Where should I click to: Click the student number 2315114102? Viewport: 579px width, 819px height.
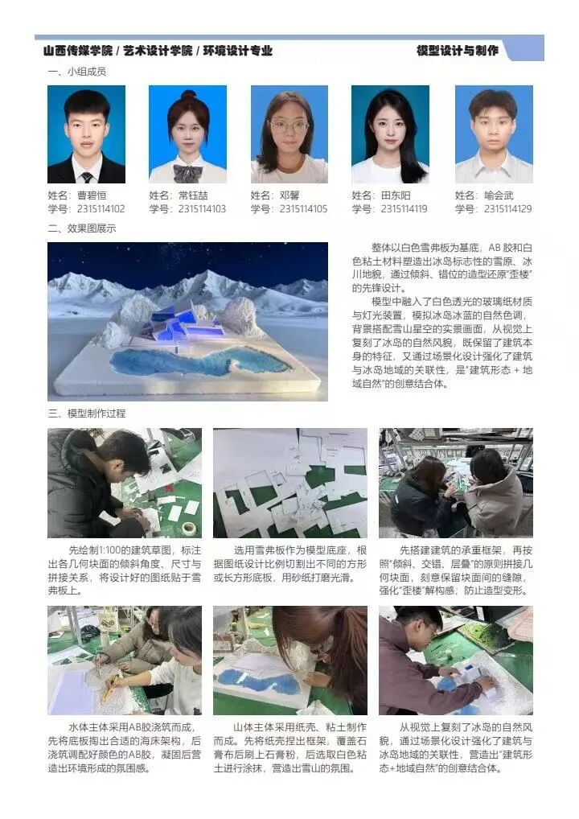[101, 209]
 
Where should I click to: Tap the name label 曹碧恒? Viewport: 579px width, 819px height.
[92, 195]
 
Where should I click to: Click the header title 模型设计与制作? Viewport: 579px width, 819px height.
[458, 51]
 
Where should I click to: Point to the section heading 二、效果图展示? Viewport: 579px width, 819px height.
[82, 228]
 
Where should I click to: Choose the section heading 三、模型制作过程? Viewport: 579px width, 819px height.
[87, 414]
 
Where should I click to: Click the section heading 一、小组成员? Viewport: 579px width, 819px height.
[77, 72]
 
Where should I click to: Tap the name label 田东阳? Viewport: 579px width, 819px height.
[395, 195]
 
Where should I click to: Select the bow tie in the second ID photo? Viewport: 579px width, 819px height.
[187, 172]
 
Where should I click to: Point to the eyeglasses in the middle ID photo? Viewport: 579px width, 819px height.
[289, 126]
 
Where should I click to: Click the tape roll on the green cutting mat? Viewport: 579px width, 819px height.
[191, 528]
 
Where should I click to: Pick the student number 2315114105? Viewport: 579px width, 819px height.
[303, 209]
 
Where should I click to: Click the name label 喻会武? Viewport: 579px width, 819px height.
[499, 195]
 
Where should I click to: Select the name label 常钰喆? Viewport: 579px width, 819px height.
[193, 195]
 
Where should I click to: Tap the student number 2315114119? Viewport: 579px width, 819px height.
[404, 209]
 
